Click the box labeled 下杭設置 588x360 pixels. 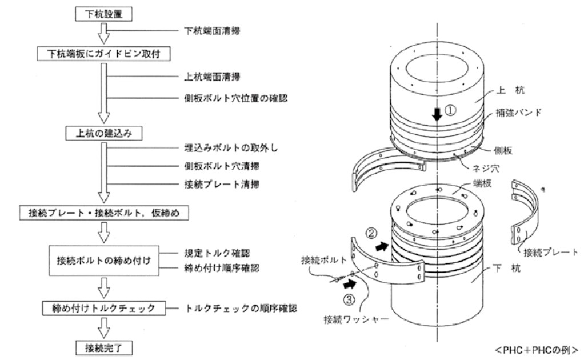click(103, 13)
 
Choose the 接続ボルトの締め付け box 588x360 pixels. click(103, 260)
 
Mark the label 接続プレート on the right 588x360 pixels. click(553, 251)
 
